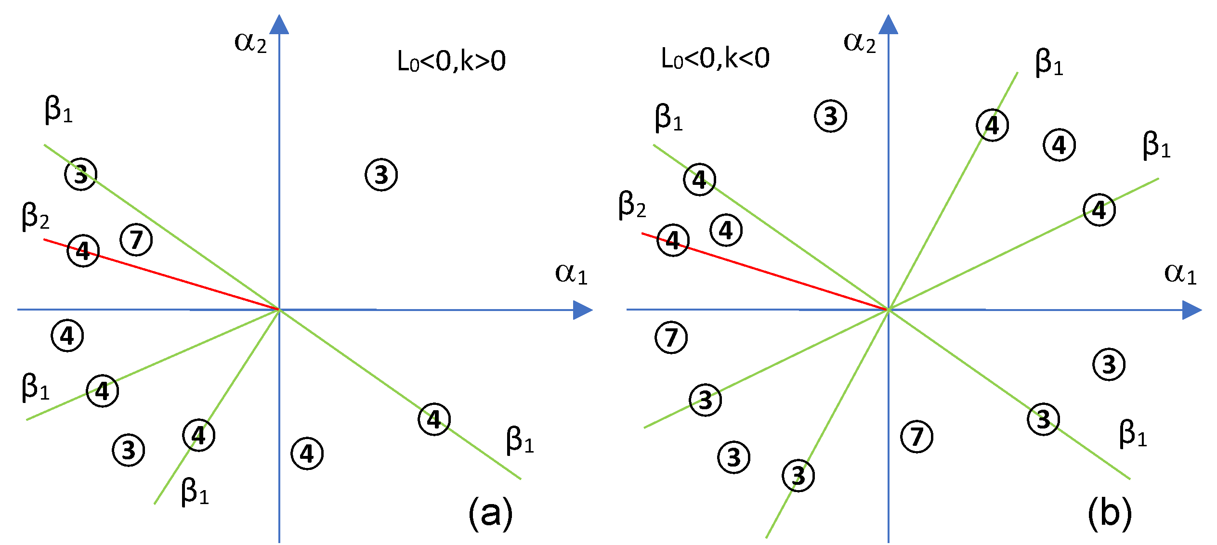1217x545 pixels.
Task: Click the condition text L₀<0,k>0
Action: pos(451,62)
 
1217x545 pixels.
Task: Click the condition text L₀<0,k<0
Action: pos(715,59)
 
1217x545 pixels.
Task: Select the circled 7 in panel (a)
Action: pos(136,240)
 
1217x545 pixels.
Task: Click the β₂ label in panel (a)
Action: pos(36,216)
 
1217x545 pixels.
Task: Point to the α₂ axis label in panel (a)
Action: pos(250,42)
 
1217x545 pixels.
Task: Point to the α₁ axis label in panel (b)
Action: pos(1180,273)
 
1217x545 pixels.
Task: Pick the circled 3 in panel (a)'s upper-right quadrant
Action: pos(381,175)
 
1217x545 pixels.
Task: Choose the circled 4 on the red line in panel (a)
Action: pos(83,251)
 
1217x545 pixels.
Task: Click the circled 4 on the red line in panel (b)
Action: pos(673,240)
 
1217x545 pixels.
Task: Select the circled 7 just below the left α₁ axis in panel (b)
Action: pos(671,337)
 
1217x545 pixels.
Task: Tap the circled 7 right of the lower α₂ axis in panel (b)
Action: pos(916,437)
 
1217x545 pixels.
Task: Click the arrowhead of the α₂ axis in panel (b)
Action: pos(889,25)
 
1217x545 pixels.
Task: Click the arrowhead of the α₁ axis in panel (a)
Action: pos(582,310)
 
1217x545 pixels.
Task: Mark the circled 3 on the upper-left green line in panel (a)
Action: pos(81,174)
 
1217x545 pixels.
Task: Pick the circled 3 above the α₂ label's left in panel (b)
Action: pos(830,116)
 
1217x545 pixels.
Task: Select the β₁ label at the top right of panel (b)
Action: pos(1049,63)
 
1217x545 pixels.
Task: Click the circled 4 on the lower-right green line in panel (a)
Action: pos(434,419)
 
